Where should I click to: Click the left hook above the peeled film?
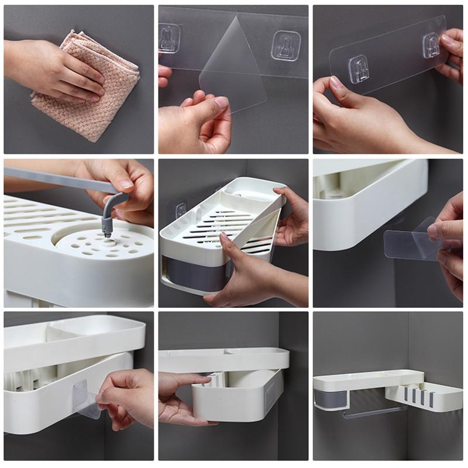tap(169, 38)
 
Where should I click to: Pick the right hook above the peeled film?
tap(285, 46)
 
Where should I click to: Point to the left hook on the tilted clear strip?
tap(358, 69)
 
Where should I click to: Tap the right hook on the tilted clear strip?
tap(432, 45)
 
